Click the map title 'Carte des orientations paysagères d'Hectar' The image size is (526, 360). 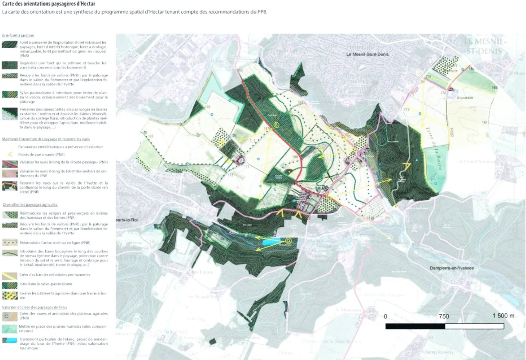[x=49, y=4]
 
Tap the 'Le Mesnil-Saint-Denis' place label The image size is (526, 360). [x=367, y=54]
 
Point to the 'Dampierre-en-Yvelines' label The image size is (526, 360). [x=452, y=268]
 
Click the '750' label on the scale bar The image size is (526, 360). [x=444, y=316]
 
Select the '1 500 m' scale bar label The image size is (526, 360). [x=503, y=316]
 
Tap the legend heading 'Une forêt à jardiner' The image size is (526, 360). [x=18, y=35]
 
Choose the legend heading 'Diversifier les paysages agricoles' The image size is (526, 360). [x=30, y=205]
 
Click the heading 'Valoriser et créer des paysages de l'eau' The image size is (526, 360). [x=34, y=307]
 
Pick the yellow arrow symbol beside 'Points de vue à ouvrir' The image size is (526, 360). [x=10, y=154]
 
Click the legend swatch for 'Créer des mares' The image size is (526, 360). [x=9, y=316]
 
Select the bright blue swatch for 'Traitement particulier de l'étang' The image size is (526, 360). [x=9, y=341]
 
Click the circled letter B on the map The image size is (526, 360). [x=276, y=125]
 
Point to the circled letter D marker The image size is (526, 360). [x=288, y=241]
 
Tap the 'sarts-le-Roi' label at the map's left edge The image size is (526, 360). [x=127, y=220]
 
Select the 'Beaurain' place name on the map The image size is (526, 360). [x=464, y=98]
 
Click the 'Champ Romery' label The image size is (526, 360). [x=438, y=352]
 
